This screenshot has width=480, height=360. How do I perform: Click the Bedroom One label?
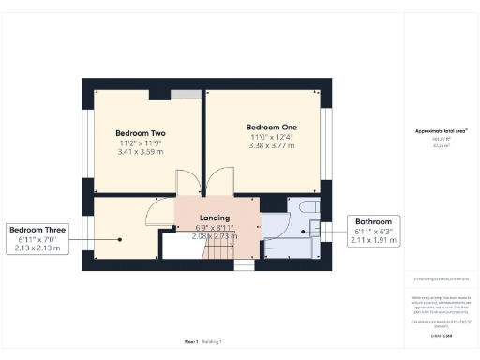pyautogui.click(x=270, y=127)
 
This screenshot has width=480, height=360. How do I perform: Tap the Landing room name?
pyautogui.click(x=215, y=217)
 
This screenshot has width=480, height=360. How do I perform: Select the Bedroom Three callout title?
pyautogui.click(x=37, y=230)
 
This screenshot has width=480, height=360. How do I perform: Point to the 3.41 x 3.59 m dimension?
pyautogui.click(x=139, y=152)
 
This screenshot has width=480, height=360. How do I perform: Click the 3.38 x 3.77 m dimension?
pyautogui.click(x=270, y=145)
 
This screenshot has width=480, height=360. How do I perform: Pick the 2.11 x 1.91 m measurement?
pyautogui.click(x=372, y=241)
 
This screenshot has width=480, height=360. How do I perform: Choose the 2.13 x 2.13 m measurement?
pyautogui.click(x=37, y=248)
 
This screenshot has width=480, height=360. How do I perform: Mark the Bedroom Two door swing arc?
pyautogui.click(x=186, y=184)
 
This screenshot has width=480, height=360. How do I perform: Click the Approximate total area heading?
pyautogui.click(x=440, y=131)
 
